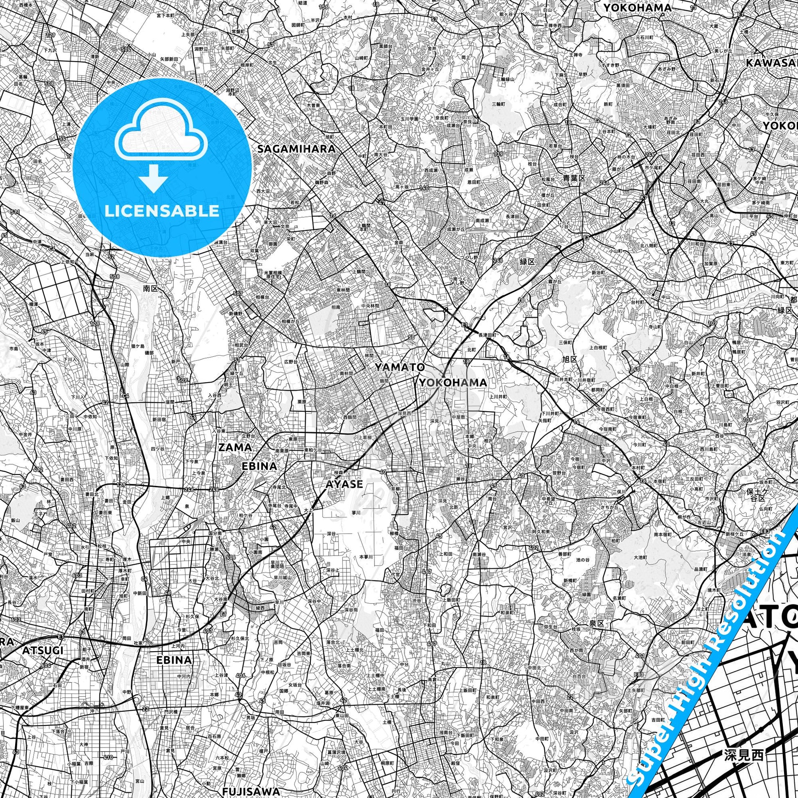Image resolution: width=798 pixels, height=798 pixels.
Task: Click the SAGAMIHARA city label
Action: coord(296,149)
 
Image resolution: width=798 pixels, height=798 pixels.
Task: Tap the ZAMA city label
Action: coord(235,447)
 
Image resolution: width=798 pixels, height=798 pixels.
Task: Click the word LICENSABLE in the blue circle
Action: coord(162,211)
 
